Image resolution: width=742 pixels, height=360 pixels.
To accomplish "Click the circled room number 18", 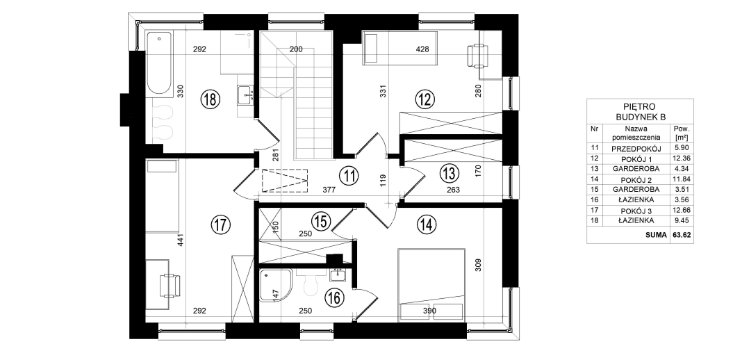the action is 210,99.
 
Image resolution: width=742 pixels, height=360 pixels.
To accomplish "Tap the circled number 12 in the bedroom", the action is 425,99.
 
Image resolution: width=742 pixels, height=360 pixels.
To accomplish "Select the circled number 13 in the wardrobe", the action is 449,173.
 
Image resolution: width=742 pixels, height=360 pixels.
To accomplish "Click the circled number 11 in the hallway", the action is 349,176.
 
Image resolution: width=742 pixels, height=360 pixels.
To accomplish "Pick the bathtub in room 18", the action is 159,64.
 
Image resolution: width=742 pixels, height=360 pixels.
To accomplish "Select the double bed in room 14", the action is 431,284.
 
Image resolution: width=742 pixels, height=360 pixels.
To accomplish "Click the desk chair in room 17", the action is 170,285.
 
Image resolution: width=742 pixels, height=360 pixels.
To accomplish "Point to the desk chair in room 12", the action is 478,55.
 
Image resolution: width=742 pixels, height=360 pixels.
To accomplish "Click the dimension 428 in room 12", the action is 422,49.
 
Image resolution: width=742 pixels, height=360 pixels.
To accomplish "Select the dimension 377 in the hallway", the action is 329,190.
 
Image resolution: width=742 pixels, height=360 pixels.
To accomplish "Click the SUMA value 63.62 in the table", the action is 682,235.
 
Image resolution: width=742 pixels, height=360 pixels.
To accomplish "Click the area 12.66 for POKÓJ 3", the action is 682,211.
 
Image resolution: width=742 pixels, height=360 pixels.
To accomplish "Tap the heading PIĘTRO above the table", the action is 640,108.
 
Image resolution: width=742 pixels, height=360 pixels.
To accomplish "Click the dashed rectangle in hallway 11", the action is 285,181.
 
